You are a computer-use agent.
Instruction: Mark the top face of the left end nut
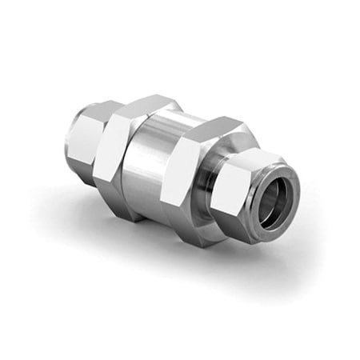[x=100, y=108]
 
